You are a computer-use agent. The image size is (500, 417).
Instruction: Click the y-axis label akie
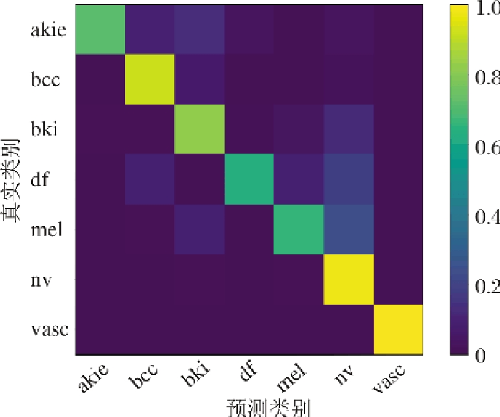(x=48, y=30)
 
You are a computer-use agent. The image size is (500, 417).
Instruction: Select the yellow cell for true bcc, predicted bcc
(x=150, y=80)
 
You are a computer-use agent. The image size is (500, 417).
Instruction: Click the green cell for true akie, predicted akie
(x=100, y=30)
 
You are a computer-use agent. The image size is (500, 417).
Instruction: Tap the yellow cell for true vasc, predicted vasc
(x=398, y=329)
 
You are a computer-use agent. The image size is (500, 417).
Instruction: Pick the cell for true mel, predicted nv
(x=348, y=229)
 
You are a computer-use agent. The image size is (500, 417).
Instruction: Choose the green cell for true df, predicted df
(x=249, y=179)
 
